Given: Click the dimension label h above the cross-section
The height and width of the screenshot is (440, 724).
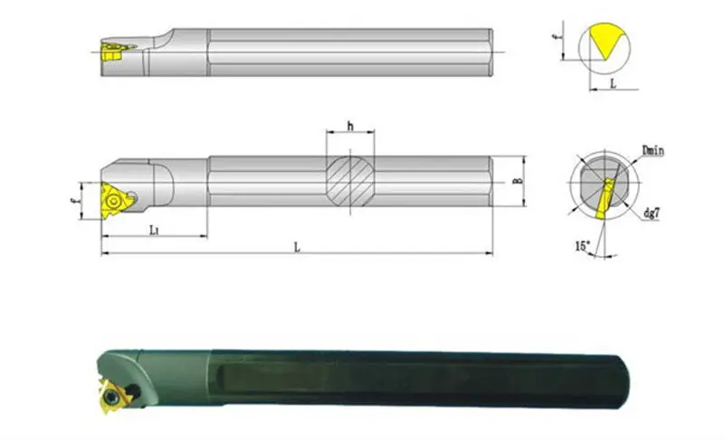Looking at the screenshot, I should [349, 127].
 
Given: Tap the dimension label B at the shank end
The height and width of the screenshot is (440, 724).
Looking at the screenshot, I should [517, 181].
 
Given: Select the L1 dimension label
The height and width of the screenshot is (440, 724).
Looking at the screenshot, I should [156, 229].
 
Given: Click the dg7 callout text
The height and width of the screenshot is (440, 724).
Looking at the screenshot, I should [653, 215].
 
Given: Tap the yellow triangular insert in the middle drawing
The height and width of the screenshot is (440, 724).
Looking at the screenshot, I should [114, 194].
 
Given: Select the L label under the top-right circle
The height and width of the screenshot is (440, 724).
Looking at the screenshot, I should [614, 82].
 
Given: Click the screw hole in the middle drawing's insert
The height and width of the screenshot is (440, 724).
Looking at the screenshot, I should [115, 193].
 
